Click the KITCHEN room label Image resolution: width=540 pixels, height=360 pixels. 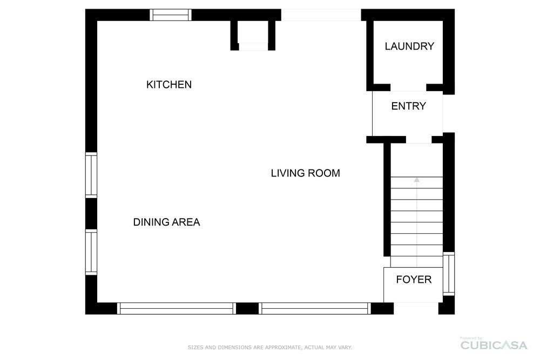(168, 84)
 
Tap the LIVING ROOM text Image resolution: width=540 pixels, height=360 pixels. (306, 173)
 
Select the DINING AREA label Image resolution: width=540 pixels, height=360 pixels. (167, 222)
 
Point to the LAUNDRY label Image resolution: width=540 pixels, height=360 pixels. (409, 46)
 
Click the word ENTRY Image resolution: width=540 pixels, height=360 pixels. (409, 106)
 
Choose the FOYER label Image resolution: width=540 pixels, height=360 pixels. (414, 280)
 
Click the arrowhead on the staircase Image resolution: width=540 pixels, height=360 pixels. (417, 180)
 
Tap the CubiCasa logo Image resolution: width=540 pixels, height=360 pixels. (494, 344)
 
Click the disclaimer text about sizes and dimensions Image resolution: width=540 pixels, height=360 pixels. (269, 347)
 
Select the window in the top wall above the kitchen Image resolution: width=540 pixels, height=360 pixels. (171, 15)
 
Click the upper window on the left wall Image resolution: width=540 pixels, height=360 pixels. (91, 175)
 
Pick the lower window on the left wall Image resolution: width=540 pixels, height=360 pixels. (91, 252)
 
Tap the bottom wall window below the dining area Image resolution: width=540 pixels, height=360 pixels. (177, 308)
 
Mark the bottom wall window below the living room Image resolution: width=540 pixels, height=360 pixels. (315, 308)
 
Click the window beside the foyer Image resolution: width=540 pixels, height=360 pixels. (449, 274)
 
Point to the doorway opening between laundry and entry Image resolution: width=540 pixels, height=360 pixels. (408, 88)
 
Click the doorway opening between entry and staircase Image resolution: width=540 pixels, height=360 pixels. (419, 140)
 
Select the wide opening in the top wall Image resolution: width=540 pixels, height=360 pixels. (321, 15)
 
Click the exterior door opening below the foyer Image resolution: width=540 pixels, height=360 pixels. (416, 308)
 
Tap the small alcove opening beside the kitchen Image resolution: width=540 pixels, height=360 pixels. (253, 47)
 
